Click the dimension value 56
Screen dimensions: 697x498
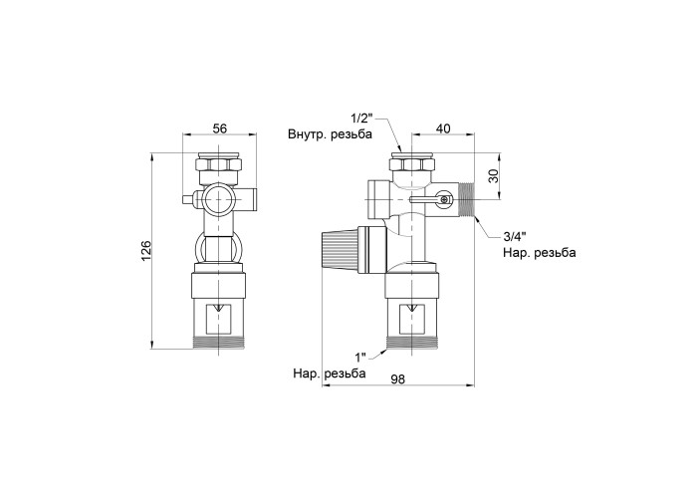tap(220, 128)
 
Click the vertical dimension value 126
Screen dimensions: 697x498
tap(146, 251)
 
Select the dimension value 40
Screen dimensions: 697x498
tap(443, 128)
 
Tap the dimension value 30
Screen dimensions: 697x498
tap(494, 175)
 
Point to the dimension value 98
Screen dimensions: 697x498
tap(398, 379)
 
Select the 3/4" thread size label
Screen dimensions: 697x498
tap(515, 236)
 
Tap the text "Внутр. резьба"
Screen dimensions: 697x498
tap(330, 134)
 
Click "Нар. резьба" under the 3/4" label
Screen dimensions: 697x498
tap(540, 253)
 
